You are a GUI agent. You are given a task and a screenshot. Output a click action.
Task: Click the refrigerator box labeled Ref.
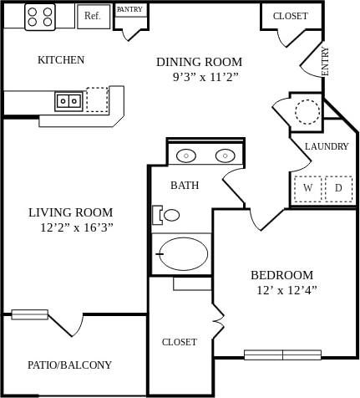(x=93, y=15)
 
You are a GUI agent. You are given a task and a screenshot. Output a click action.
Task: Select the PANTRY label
(x=129, y=10)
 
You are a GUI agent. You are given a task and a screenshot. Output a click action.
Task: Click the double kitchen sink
(x=68, y=101)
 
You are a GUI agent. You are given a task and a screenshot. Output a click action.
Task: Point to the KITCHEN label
(x=61, y=60)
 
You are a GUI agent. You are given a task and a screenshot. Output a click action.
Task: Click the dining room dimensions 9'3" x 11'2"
(x=205, y=77)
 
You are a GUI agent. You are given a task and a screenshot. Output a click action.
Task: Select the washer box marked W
(x=307, y=188)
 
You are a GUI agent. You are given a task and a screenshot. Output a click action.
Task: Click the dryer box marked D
(x=338, y=188)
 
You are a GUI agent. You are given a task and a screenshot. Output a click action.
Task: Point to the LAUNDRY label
(x=327, y=146)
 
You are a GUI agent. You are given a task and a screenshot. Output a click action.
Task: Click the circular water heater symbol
(x=307, y=111)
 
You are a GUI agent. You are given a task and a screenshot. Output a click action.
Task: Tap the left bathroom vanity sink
(x=187, y=156)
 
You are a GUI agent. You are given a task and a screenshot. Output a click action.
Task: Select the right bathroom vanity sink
(x=224, y=156)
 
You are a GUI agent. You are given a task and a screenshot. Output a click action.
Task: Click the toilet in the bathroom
(x=167, y=215)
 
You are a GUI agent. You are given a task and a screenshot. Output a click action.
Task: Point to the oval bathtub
(x=183, y=254)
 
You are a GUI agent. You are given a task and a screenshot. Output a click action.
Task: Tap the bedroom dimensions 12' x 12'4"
(x=286, y=290)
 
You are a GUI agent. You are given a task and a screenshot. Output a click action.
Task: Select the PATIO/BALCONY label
(x=69, y=365)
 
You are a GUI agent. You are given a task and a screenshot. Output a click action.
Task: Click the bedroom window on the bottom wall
(x=282, y=355)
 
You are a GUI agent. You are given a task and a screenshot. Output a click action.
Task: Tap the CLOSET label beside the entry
(x=290, y=16)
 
